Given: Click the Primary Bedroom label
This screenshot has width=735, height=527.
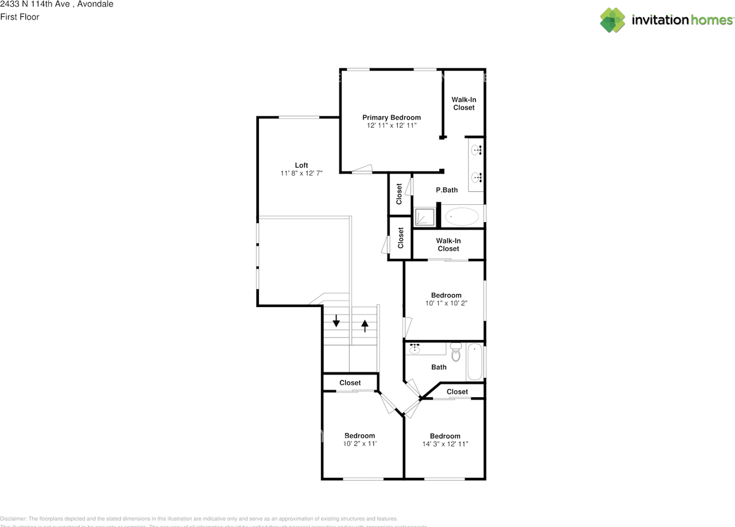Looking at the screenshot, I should click(x=391, y=117).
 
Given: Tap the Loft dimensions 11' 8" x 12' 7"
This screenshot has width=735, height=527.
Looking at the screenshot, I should click(x=301, y=173).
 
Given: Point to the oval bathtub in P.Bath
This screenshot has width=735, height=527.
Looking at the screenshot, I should click(x=462, y=216).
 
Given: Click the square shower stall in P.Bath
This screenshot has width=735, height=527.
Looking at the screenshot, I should click(x=425, y=217).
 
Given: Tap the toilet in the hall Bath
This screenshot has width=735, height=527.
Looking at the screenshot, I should click(x=456, y=352).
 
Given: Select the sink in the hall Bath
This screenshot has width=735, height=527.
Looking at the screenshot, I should click(x=415, y=349).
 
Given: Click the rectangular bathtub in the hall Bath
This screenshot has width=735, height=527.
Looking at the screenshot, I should click(x=474, y=362).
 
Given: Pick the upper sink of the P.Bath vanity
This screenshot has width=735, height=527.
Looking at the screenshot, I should click(x=477, y=150).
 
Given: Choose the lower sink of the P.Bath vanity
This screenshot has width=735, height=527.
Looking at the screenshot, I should click(x=477, y=177).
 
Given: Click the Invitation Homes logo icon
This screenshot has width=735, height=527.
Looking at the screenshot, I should click(x=612, y=20).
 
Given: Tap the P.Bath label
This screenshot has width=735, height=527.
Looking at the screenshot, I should click(x=446, y=190).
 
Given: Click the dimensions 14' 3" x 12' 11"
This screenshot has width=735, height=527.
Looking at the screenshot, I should click(x=445, y=444).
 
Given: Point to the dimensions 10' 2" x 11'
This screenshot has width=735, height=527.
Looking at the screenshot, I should click(x=359, y=444).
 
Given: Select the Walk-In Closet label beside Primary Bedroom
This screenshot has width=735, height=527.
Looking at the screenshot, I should click(x=463, y=103).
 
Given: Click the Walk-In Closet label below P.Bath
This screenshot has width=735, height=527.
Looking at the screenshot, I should click(x=448, y=245).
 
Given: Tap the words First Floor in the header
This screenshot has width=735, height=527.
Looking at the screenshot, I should click(x=20, y=17).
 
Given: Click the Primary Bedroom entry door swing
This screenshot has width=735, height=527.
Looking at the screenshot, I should click(x=363, y=168).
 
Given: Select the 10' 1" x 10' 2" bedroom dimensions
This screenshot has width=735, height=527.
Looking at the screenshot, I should click(x=446, y=303).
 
